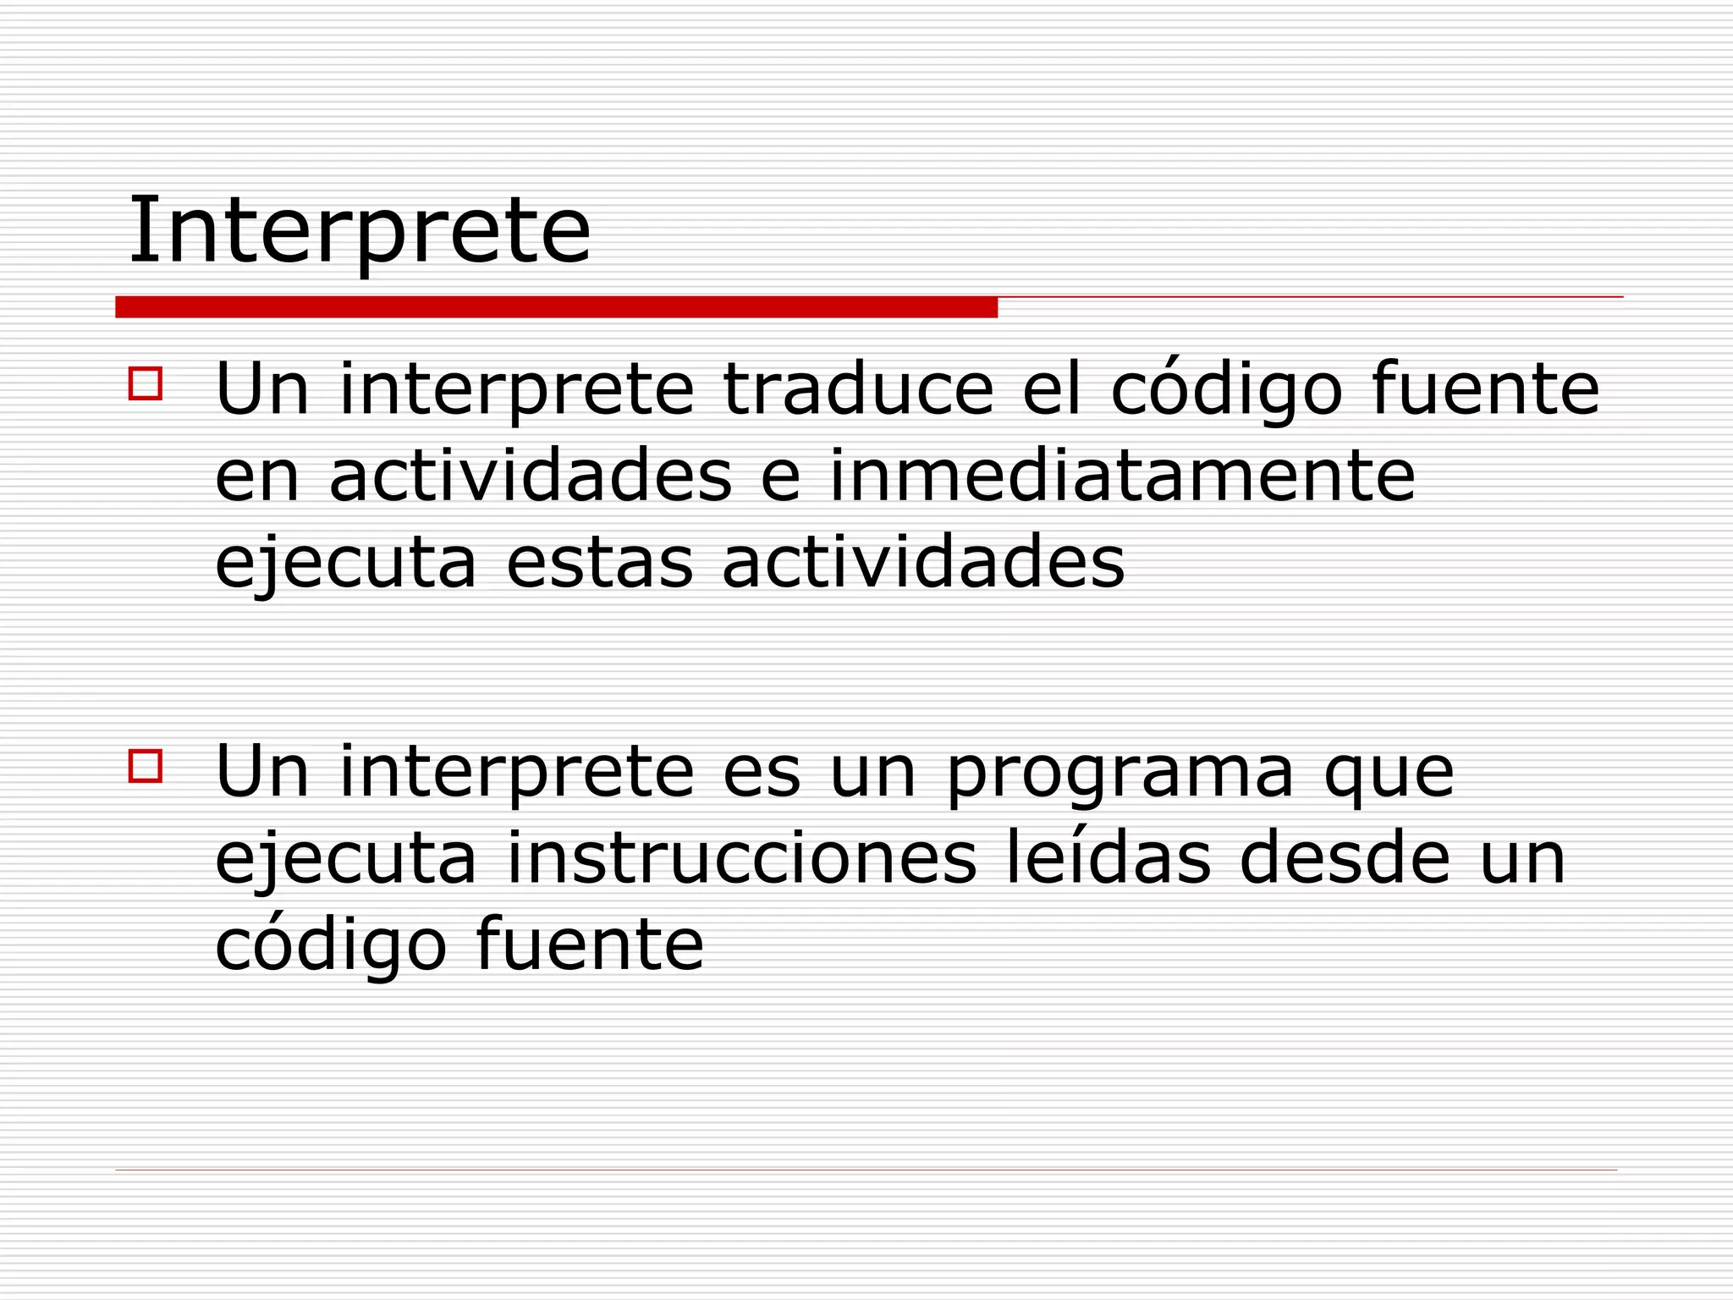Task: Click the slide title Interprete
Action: [359, 230]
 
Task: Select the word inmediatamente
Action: [1122, 476]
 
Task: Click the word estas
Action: [599, 563]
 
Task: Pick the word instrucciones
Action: [741, 859]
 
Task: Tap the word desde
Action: [1345, 859]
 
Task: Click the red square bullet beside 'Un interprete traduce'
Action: [145, 383]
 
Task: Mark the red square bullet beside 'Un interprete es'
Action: [145, 766]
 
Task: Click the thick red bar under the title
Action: [556, 307]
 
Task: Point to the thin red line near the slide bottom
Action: [866, 1170]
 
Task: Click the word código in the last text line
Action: [330, 946]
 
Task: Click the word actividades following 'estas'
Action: [923, 563]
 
